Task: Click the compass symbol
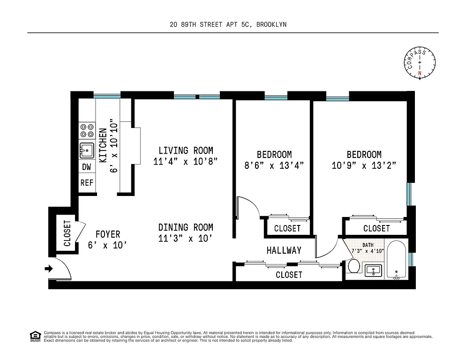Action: pos(420,63)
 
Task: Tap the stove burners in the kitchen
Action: pos(87,130)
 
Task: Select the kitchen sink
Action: pos(87,151)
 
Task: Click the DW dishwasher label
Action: pos(87,167)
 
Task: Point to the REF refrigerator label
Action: pos(87,183)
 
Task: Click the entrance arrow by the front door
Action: pos(48,269)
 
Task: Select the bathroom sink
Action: pos(373,270)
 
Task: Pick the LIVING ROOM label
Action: pos(186,150)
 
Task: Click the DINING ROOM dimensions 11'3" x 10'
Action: pos(186,238)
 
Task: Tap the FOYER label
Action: pos(108,234)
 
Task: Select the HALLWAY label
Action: pos(284,250)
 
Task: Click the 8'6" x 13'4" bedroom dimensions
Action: pos(274,165)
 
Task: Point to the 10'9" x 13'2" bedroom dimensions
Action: pos(364,165)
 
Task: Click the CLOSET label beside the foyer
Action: pos(67,233)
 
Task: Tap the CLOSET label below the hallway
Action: pos(289,275)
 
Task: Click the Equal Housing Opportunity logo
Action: pos(35,336)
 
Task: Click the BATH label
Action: pos(368,245)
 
